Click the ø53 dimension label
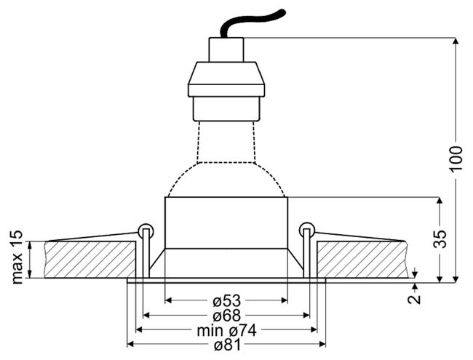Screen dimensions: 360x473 point(226,300)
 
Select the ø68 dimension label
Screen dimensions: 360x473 point(226,315)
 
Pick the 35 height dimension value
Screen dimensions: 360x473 point(439,239)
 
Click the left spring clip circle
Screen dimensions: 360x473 point(145,230)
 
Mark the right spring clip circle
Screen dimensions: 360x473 point(306,230)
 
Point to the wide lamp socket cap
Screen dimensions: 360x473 point(226,79)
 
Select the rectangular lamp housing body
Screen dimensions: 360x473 point(226,222)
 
